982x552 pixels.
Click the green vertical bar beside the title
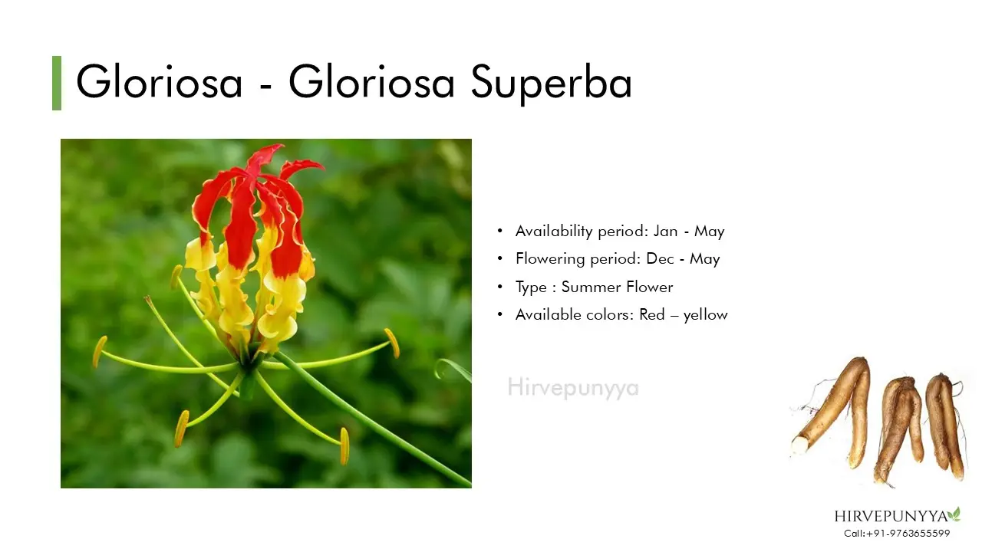click(57, 83)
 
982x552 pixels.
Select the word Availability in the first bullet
click(554, 232)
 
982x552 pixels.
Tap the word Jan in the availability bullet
click(665, 231)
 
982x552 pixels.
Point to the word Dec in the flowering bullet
click(660, 259)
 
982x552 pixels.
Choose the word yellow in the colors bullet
click(705, 315)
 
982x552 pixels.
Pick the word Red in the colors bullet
click(652, 314)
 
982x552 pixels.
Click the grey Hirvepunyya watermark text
click(573, 388)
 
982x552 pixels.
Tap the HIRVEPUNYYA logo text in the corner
click(891, 517)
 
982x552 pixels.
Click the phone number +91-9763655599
click(908, 534)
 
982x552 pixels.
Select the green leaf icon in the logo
click(954, 514)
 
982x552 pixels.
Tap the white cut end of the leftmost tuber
click(799, 445)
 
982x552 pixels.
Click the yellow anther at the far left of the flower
click(99, 352)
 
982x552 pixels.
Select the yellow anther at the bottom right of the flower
click(344, 446)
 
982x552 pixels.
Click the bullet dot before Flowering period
click(500, 258)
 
